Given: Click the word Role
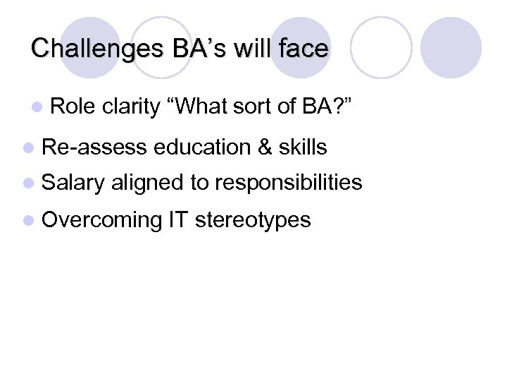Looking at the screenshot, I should [x=73, y=107].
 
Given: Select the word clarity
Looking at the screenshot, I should [x=131, y=107].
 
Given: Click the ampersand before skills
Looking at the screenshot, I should [x=265, y=147].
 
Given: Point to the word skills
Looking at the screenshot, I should [x=303, y=147].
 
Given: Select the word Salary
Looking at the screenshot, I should [x=73, y=183].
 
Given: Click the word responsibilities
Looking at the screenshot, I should [x=289, y=183].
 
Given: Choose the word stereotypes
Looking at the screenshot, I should [x=252, y=221].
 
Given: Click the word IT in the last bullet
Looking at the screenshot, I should [x=177, y=219].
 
